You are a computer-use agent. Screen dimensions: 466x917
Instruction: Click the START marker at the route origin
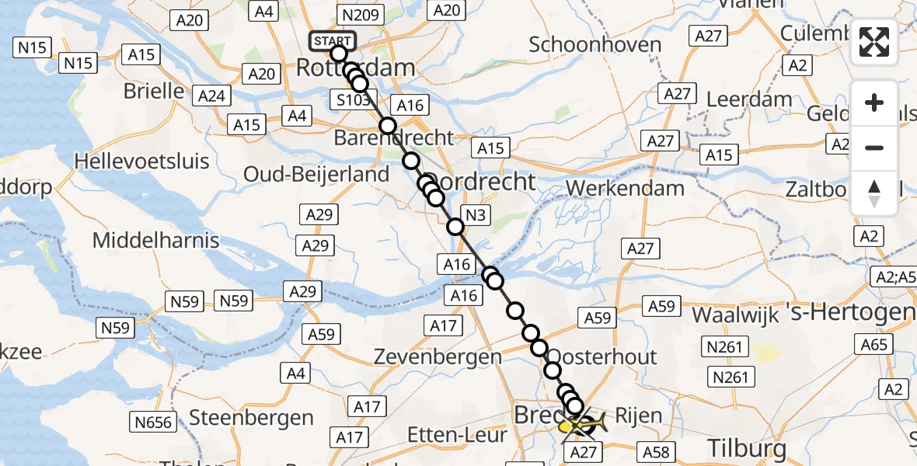coord(333,41)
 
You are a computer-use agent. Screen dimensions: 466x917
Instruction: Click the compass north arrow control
coord(874,193)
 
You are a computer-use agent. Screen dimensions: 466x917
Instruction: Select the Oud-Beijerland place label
coord(316,174)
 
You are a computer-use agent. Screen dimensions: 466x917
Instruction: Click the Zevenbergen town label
coord(438,357)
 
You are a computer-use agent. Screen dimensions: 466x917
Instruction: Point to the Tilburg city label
coord(747,447)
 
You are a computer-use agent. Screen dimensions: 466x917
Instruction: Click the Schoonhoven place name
coord(595,44)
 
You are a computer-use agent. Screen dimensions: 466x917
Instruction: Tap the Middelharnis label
coord(156,240)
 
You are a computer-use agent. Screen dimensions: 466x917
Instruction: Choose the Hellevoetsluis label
coord(142,161)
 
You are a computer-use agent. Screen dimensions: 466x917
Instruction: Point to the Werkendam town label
coord(626,188)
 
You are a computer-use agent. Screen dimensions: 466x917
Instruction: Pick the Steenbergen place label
coord(252,418)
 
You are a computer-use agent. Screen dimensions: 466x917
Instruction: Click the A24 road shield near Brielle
coord(211,96)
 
